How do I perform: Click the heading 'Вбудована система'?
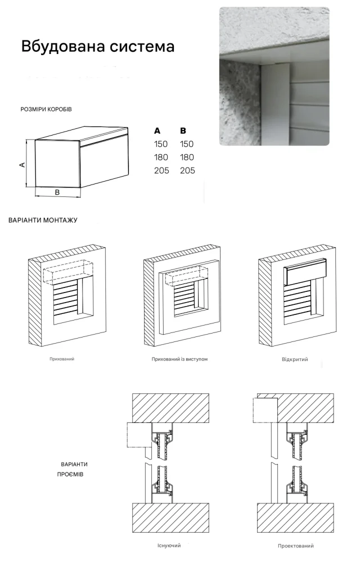(98, 47)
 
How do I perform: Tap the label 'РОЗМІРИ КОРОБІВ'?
(46, 109)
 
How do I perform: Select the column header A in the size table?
(157, 130)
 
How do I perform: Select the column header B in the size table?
(183, 130)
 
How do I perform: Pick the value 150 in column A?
(161, 144)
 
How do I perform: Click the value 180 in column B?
(187, 157)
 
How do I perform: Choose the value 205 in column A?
(161, 170)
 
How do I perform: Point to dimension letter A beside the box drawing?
(22, 165)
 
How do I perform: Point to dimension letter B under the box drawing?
(57, 192)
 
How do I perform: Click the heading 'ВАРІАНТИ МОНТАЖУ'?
(43, 220)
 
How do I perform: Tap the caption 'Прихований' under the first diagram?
(62, 359)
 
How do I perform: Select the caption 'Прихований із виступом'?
(179, 359)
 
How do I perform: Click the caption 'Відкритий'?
(295, 359)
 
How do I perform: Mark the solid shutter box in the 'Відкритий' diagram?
(305, 272)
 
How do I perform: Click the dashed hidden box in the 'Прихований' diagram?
(68, 272)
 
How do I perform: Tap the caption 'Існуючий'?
(169, 546)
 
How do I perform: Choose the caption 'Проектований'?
(296, 546)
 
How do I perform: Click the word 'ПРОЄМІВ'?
(70, 474)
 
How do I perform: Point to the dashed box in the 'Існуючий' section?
(139, 435)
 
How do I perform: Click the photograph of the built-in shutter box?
(274, 76)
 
